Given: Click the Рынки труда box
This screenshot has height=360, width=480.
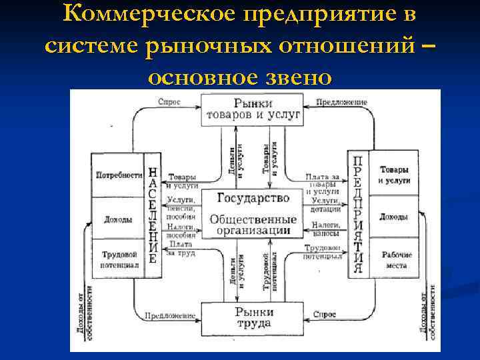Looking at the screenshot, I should click(x=253, y=317).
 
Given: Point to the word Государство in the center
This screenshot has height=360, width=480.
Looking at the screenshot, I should click(x=253, y=198).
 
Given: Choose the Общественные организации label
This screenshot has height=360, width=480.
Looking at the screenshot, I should click(x=253, y=225).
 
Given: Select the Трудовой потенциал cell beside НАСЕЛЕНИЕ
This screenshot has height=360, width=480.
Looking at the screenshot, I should click(x=119, y=259).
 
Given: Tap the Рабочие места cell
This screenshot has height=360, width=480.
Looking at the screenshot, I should click(x=396, y=259).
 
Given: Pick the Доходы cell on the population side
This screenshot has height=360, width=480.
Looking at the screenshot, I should click(x=118, y=219).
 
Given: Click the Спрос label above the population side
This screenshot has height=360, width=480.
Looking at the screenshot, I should click(x=168, y=103).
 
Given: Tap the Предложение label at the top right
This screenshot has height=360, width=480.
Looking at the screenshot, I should click(x=341, y=103).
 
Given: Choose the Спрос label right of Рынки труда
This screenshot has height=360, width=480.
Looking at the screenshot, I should click(x=324, y=314).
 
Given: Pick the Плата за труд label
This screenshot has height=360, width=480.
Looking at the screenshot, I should click(x=181, y=249).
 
